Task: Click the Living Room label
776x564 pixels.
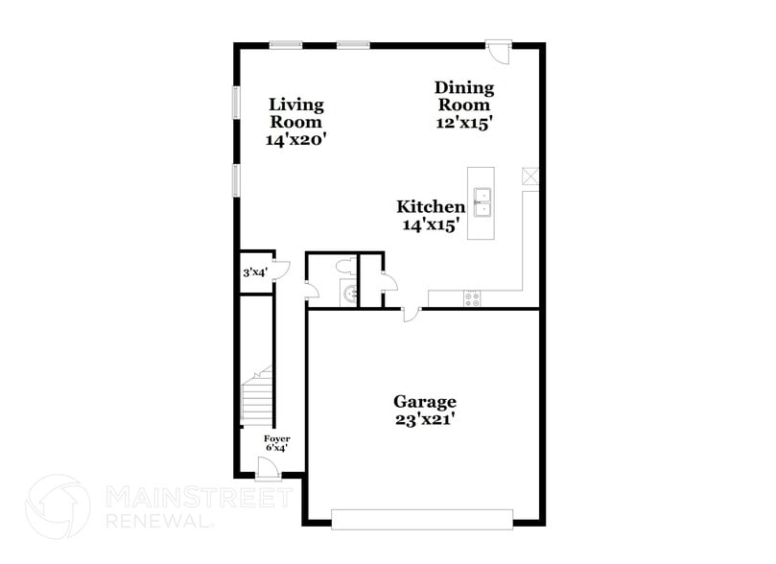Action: point(295,113)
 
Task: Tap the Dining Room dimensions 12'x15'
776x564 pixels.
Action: point(464,123)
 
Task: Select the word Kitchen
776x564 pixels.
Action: point(432,206)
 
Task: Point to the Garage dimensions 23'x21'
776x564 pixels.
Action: point(425,419)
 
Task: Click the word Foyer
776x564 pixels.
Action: point(277,437)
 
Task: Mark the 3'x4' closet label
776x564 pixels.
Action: point(254,272)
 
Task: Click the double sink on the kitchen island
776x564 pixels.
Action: point(482,201)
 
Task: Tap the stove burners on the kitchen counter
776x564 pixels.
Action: point(472,298)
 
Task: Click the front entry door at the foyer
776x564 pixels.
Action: point(269,467)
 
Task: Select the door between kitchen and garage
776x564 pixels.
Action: point(410,313)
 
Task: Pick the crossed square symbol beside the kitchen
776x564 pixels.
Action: point(530,176)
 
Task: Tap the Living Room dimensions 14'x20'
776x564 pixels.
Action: point(295,139)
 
